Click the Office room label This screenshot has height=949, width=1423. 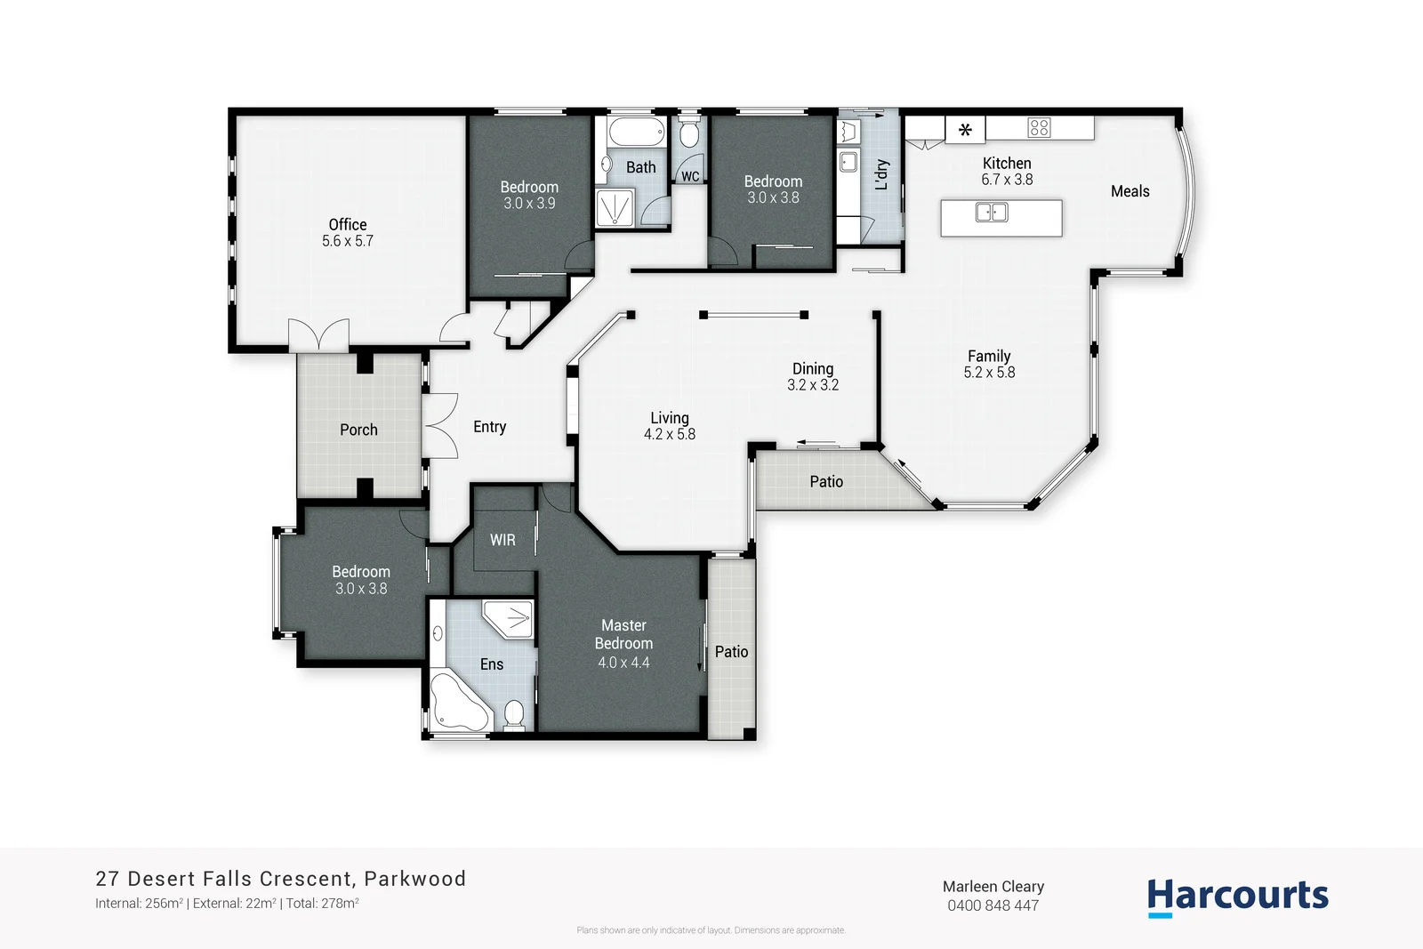347,225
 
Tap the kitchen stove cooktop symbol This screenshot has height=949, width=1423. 1039,127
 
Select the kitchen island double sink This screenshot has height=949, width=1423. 992,213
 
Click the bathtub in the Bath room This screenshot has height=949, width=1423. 637,133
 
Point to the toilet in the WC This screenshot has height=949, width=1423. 688,135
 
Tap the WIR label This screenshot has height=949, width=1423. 502,540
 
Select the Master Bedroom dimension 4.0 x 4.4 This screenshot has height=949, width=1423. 623,663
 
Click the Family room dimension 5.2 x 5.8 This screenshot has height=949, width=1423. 989,373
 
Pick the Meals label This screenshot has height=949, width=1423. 1130,191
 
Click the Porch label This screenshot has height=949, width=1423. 358,430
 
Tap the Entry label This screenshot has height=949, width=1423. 489,427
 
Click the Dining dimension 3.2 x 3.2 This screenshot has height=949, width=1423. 813,385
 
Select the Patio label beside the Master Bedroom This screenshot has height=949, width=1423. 731,652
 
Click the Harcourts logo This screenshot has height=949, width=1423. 1237,897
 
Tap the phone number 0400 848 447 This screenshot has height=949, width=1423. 993,905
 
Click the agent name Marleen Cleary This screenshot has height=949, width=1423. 993,886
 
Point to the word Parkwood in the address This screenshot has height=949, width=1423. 414,879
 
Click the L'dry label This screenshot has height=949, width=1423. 881,174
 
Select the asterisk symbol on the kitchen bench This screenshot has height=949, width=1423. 965,130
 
